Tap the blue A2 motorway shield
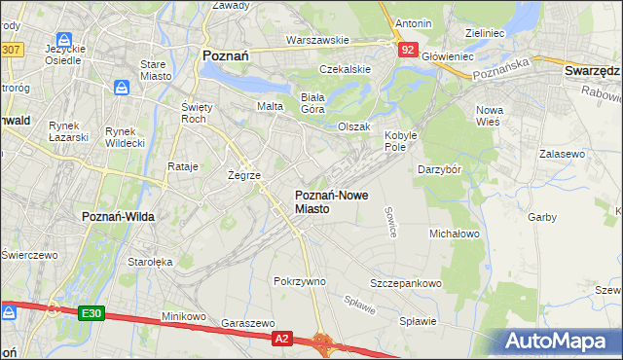(281, 338)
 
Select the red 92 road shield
(408, 48)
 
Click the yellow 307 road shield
(11, 48)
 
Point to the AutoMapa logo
(561, 341)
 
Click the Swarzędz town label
(592, 71)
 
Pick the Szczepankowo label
(406, 283)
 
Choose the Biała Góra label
(311, 102)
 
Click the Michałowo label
(455, 234)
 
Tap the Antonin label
(413, 22)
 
